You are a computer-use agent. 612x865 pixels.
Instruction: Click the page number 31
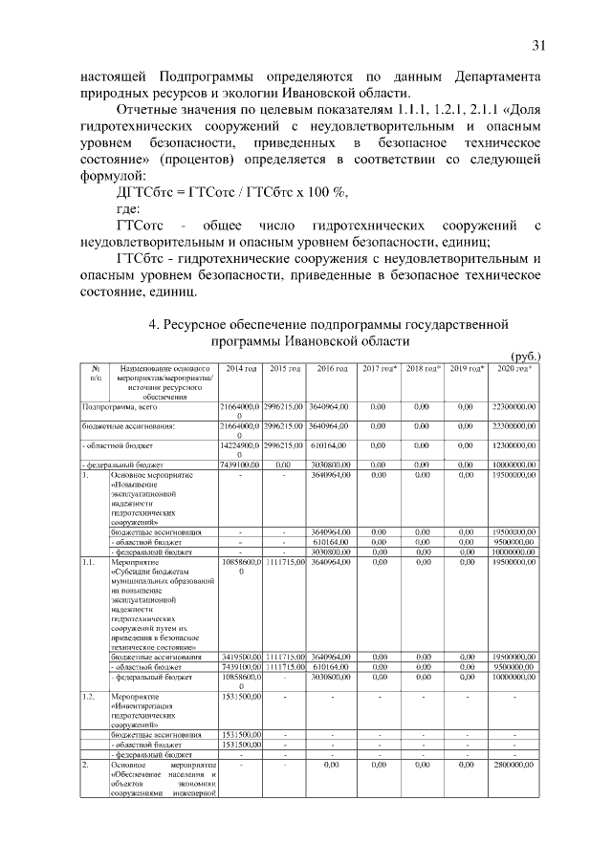537,44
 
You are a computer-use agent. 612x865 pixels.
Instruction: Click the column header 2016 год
331,368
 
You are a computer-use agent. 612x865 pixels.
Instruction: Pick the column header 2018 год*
421,368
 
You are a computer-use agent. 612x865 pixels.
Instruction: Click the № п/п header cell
95,373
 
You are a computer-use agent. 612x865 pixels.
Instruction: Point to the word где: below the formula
127,208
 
